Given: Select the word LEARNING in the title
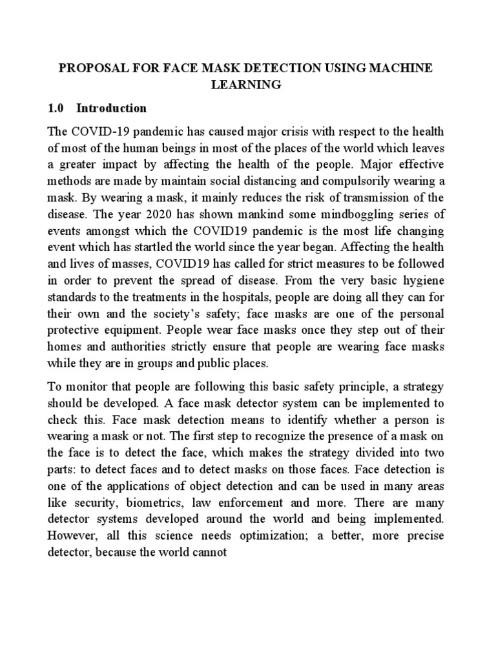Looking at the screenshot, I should pos(247,85).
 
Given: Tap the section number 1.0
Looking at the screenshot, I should pos(57,108).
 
